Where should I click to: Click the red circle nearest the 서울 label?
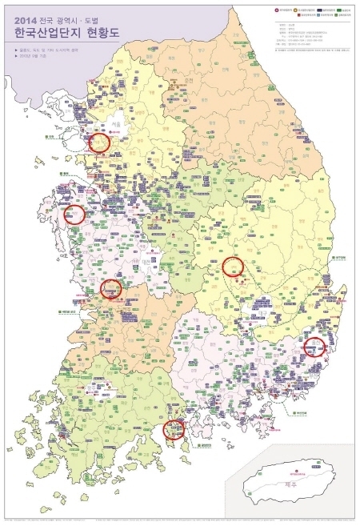pos(98,143)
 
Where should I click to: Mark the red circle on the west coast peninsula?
pos(74,214)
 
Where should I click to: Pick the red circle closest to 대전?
pos(111,288)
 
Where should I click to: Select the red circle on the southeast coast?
pos(315,347)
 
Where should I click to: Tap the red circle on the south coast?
pos(173,429)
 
